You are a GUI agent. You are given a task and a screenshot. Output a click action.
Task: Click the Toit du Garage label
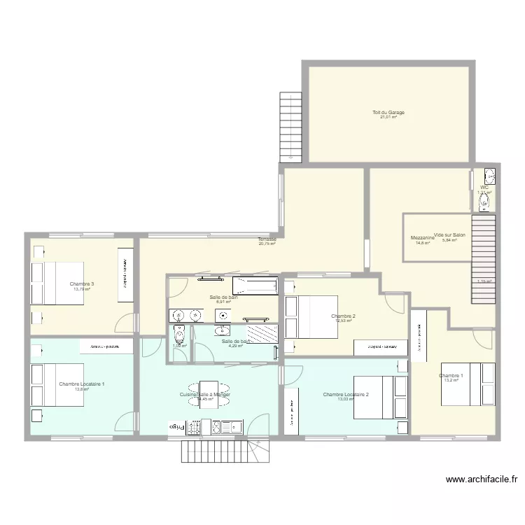click(x=388, y=112)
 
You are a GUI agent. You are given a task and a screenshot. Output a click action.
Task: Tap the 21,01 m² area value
click(x=388, y=117)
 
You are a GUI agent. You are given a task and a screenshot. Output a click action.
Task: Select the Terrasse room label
click(x=267, y=239)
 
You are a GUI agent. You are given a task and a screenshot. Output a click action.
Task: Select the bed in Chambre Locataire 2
click(x=380, y=398)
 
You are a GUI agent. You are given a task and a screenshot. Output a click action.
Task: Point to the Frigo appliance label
click(x=174, y=425)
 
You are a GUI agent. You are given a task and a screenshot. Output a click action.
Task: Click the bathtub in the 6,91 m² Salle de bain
click(x=255, y=286)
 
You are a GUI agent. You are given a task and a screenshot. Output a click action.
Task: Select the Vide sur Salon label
click(x=450, y=235)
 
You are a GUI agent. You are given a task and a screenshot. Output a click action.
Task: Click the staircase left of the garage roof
click(x=290, y=127)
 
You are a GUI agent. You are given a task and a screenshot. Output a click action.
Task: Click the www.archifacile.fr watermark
click(x=482, y=479)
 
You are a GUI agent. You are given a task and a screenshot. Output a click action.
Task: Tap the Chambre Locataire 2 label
click(x=346, y=395)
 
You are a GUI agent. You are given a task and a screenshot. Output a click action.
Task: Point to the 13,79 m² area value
click(x=82, y=288)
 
